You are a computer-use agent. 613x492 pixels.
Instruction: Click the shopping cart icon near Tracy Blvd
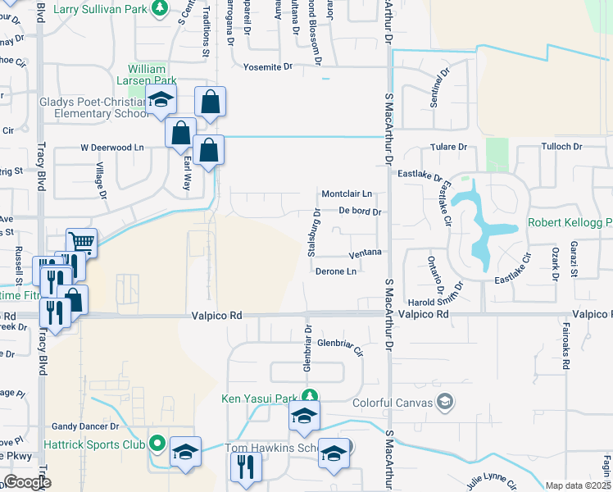point(81,242)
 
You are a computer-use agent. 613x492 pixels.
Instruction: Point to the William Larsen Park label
point(152,75)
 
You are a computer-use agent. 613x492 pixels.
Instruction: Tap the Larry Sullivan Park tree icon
point(161,10)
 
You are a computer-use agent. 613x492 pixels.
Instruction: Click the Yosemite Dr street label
point(262,66)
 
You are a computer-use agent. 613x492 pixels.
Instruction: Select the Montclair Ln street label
point(347,194)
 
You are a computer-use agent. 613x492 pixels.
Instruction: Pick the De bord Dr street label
point(361,212)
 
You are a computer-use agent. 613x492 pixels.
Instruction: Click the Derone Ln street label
point(336,271)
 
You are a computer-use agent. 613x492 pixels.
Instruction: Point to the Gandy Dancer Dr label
point(86,426)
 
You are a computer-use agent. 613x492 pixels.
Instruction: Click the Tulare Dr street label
point(449,147)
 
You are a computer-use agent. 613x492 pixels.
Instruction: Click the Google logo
point(27,482)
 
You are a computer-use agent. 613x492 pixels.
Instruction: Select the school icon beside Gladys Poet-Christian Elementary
point(161,101)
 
